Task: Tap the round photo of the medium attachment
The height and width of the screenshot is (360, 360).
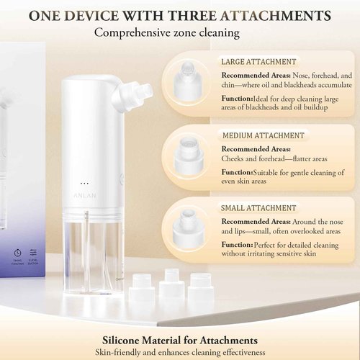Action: (189, 152)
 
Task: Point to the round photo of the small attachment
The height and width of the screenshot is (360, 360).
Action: (189, 225)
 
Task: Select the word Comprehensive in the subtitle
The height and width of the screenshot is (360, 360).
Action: (133, 32)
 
